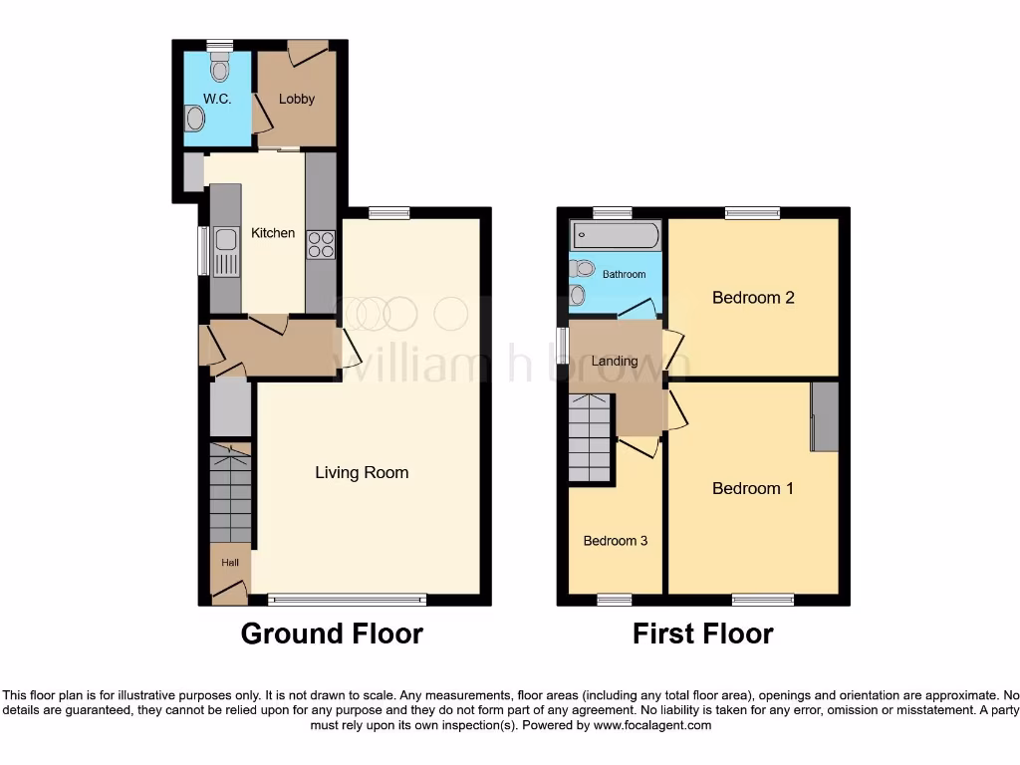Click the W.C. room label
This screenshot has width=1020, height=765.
(216, 99)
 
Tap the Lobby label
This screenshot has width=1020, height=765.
(297, 99)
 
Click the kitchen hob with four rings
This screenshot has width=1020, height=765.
(322, 244)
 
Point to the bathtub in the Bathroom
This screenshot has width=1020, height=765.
(614, 236)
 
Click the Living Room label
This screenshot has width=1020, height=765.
(362, 472)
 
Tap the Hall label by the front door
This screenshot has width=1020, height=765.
(230, 563)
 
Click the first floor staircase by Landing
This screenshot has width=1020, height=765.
(593, 437)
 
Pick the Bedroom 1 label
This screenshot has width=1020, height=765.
(752, 488)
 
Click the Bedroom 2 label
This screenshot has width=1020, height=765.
(752, 297)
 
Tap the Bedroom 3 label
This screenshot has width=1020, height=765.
(615, 541)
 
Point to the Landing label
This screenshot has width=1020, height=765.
(614, 361)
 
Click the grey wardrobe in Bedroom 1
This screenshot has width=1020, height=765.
(824, 416)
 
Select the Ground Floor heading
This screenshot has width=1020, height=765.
(332, 634)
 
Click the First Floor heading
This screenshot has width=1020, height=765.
(702, 634)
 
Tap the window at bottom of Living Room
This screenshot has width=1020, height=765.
(348, 600)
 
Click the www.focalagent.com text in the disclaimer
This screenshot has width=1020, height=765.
(651, 726)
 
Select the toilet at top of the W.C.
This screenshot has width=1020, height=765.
(220, 65)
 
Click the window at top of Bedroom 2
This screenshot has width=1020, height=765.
(752, 212)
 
